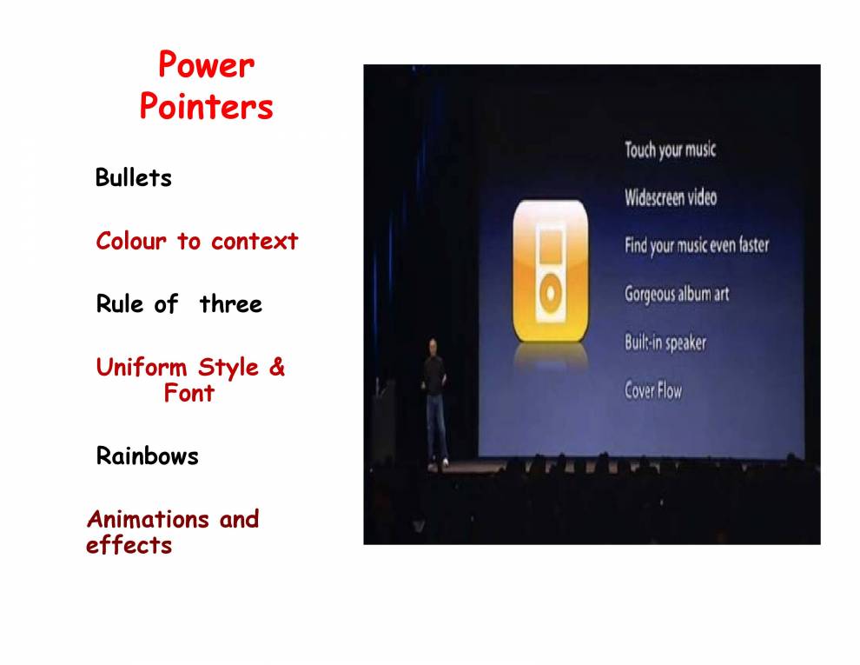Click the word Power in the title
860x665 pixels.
tap(206, 65)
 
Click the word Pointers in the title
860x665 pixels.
tap(206, 108)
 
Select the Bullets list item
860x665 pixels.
tap(134, 178)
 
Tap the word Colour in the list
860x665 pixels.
tap(130, 241)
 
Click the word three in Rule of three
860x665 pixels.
tap(230, 304)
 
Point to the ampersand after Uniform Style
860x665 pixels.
tap(276, 367)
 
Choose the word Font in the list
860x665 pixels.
tap(189, 393)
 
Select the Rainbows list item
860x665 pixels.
tap(147, 456)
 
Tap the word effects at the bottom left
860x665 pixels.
tap(129, 546)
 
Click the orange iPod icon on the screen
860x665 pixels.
tap(550, 271)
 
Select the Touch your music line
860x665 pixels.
tap(670, 150)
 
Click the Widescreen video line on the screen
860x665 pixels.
tap(671, 197)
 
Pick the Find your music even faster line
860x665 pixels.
tap(696, 245)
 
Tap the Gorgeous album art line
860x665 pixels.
tap(676, 294)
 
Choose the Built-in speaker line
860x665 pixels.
tap(665, 342)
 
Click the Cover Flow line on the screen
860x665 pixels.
tap(653, 390)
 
